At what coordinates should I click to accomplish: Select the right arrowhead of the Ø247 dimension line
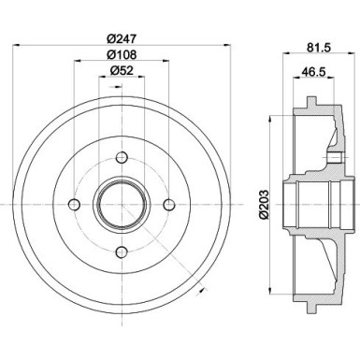click(234, 46)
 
